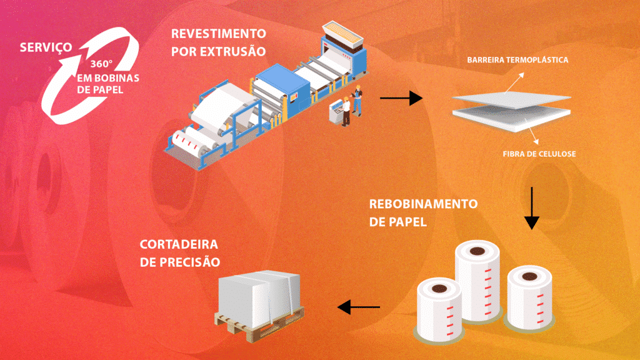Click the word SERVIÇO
[x=44, y=47]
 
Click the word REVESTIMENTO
[x=218, y=32]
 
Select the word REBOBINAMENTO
[x=423, y=204]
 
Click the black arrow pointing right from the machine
[x=401, y=98]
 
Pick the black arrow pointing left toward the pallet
[x=359, y=307]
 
